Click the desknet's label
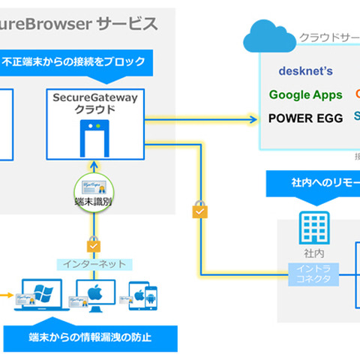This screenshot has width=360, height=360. pos(305,71)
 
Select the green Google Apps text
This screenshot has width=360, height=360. pos(305,94)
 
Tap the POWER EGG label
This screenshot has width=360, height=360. pos(305,118)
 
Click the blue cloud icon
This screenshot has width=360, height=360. pos(266,35)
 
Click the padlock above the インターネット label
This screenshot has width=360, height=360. pos(94,244)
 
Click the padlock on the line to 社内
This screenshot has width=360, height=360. pos(199,211)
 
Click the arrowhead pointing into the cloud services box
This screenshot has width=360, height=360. pos(250,118)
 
